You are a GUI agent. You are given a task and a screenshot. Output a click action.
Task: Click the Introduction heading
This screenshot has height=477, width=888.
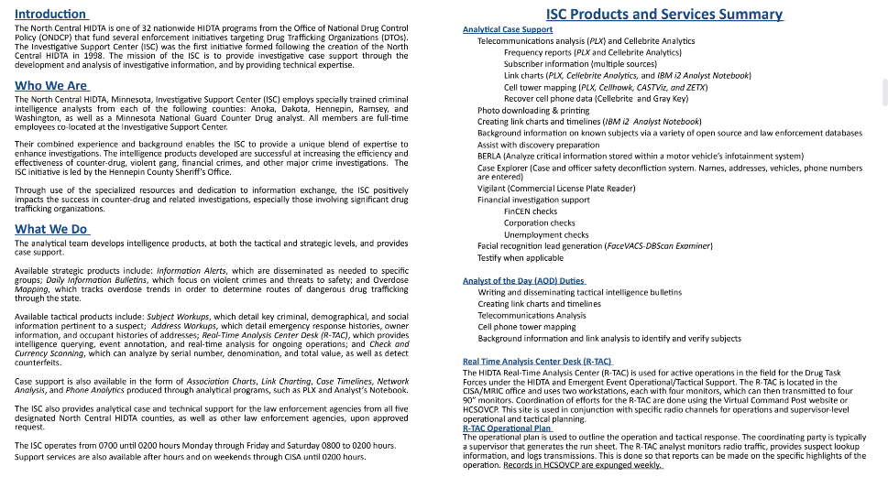[x=50, y=14]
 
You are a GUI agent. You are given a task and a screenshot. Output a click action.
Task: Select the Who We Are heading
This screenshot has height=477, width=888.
[x=51, y=85]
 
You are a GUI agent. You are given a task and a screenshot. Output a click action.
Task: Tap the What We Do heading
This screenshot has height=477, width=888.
[x=51, y=229]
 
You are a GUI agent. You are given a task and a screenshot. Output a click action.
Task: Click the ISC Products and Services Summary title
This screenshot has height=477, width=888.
[x=663, y=14]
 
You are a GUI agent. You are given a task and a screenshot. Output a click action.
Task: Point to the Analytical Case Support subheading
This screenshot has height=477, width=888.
[x=508, y=30]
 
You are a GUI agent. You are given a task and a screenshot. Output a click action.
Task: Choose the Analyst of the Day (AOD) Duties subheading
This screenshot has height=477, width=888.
[x=524, y=280]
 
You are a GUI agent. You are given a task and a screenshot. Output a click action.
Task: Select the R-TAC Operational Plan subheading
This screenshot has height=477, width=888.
[x=508, y=428]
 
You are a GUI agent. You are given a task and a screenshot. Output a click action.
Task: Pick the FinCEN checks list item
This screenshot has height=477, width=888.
[x=531, y=211]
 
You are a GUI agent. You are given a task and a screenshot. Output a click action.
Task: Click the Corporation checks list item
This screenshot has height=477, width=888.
[x=540, y=222]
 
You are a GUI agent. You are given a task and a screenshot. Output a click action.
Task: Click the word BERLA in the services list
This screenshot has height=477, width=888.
[x=489, y=156]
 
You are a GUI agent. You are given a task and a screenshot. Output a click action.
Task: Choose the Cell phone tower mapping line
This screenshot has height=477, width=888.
[x=527, y=327]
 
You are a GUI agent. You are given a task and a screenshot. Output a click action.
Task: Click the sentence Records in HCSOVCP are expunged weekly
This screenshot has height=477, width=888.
[x=583, y=465]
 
